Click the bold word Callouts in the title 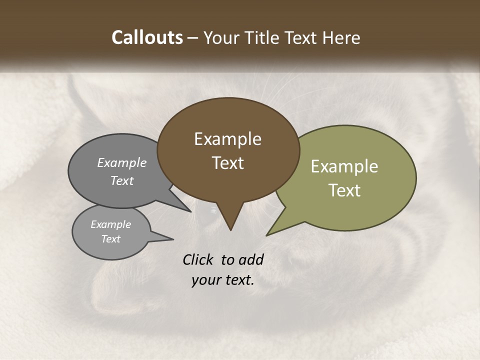pos(147,37)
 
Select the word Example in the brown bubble pos(227,139)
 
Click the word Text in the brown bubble pos(227,163)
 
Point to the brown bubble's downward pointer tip pos(230,229)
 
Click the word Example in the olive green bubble pos(344,166)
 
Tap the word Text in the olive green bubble pos(344,190)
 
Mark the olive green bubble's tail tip pos(267,235)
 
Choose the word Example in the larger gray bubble pos(122,162)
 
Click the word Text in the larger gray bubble pos(122,180)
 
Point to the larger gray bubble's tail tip pos(190,211)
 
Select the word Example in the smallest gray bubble pos(110,224)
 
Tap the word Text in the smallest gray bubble pos(110,239)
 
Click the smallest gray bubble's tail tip pos(173,239)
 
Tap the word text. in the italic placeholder pos(238,280)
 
